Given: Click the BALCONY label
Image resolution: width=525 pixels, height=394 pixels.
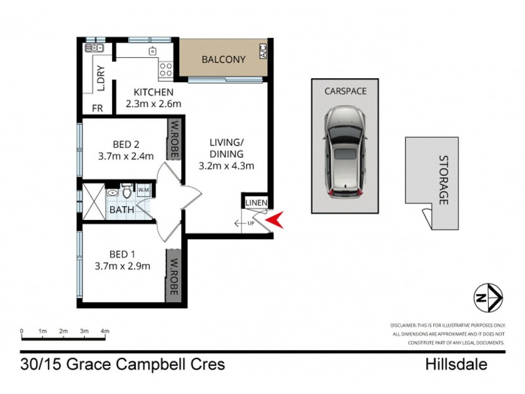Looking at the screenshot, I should click(223, 60).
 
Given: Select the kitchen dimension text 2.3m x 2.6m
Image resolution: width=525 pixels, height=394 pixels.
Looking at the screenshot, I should click(153, 104).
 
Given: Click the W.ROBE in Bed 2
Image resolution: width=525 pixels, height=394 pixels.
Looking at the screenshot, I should click(175, 135).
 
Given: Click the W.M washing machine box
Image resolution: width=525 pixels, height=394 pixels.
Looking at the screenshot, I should click(144, 190).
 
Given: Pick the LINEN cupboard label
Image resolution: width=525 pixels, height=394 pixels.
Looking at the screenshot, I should click(255, 204).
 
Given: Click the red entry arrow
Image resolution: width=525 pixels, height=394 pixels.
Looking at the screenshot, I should click(275, 220).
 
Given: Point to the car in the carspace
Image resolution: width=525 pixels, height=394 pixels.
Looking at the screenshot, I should click(345, 152).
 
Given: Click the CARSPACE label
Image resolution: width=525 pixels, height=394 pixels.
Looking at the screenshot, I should click(345, 91).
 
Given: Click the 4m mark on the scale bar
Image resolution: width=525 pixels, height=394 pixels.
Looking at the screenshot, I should click(105, 331).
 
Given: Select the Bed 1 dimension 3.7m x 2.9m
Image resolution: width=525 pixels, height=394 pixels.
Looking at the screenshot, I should click(123, 266).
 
